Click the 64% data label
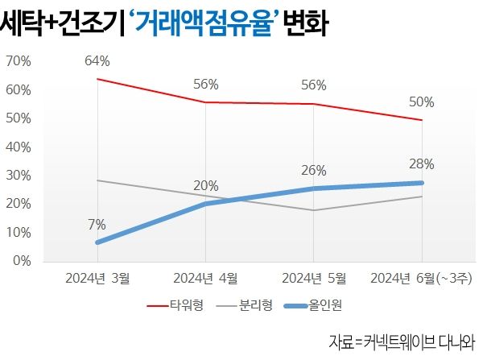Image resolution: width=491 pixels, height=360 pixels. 97,60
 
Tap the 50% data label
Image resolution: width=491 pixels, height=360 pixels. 422,102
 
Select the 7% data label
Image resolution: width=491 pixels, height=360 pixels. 97,224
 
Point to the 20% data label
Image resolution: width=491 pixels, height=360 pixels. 206,186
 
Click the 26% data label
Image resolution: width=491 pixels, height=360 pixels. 314,171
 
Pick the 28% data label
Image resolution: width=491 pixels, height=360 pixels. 422,164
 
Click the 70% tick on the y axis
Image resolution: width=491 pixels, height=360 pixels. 19,61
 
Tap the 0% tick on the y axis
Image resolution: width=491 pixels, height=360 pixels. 22,261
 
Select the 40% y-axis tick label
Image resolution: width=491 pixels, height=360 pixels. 19,147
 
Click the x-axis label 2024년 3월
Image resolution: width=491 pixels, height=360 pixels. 97,279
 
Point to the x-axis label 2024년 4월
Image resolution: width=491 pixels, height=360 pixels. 206,279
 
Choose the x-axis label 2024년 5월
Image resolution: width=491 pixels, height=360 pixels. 314,279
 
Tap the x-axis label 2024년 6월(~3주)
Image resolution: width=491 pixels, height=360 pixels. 421,279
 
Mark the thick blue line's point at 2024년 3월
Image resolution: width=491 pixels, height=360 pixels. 97,242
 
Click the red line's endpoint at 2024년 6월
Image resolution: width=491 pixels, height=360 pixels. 422,120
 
